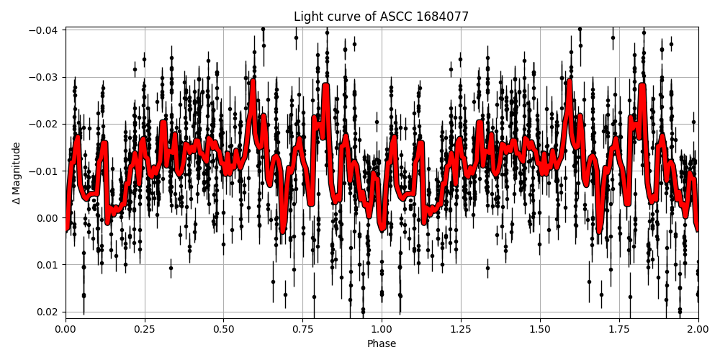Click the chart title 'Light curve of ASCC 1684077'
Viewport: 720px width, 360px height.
[382, 17]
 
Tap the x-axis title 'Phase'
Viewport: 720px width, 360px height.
[382, 344]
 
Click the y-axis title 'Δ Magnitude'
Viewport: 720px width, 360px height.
[17, 173]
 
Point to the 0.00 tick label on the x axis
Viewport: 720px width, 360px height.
[66, 329]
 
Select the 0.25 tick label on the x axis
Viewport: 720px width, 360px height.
[145, 329]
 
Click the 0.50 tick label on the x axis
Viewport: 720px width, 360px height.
[224, 329]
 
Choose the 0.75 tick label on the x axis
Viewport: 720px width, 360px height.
[302, 329]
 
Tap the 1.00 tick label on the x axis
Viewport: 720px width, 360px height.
[382, 329]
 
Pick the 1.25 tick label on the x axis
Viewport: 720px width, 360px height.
[461, 329]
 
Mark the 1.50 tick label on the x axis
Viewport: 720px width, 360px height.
[540, 329]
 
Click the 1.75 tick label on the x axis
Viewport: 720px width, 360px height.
[619, 329]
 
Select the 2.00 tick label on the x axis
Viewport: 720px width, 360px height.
[698, 329]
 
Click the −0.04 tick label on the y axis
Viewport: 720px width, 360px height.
[45, 30]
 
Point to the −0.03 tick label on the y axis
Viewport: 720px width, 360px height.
[45, 77]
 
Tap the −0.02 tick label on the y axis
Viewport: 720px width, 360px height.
[45, 124]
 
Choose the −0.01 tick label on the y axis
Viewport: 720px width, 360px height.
[45, 171]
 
